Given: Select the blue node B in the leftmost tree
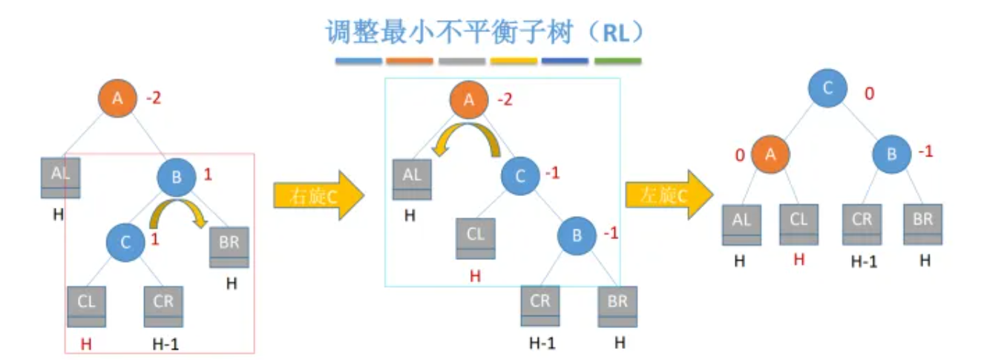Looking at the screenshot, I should [x=177, y=177].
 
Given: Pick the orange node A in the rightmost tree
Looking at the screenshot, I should [x=770, y=154].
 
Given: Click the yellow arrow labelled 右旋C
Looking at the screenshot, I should [x=318, y=194].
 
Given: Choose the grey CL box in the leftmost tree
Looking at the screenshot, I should [x=87, y=306].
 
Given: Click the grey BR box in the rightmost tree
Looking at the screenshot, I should [x=922, y=224].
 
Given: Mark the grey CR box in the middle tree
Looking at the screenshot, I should [x=540, y=305].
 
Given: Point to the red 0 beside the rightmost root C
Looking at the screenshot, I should [x=869, y=94].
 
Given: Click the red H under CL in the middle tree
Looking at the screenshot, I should [x=475, y=276].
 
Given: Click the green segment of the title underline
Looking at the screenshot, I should [x=617, y=62].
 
